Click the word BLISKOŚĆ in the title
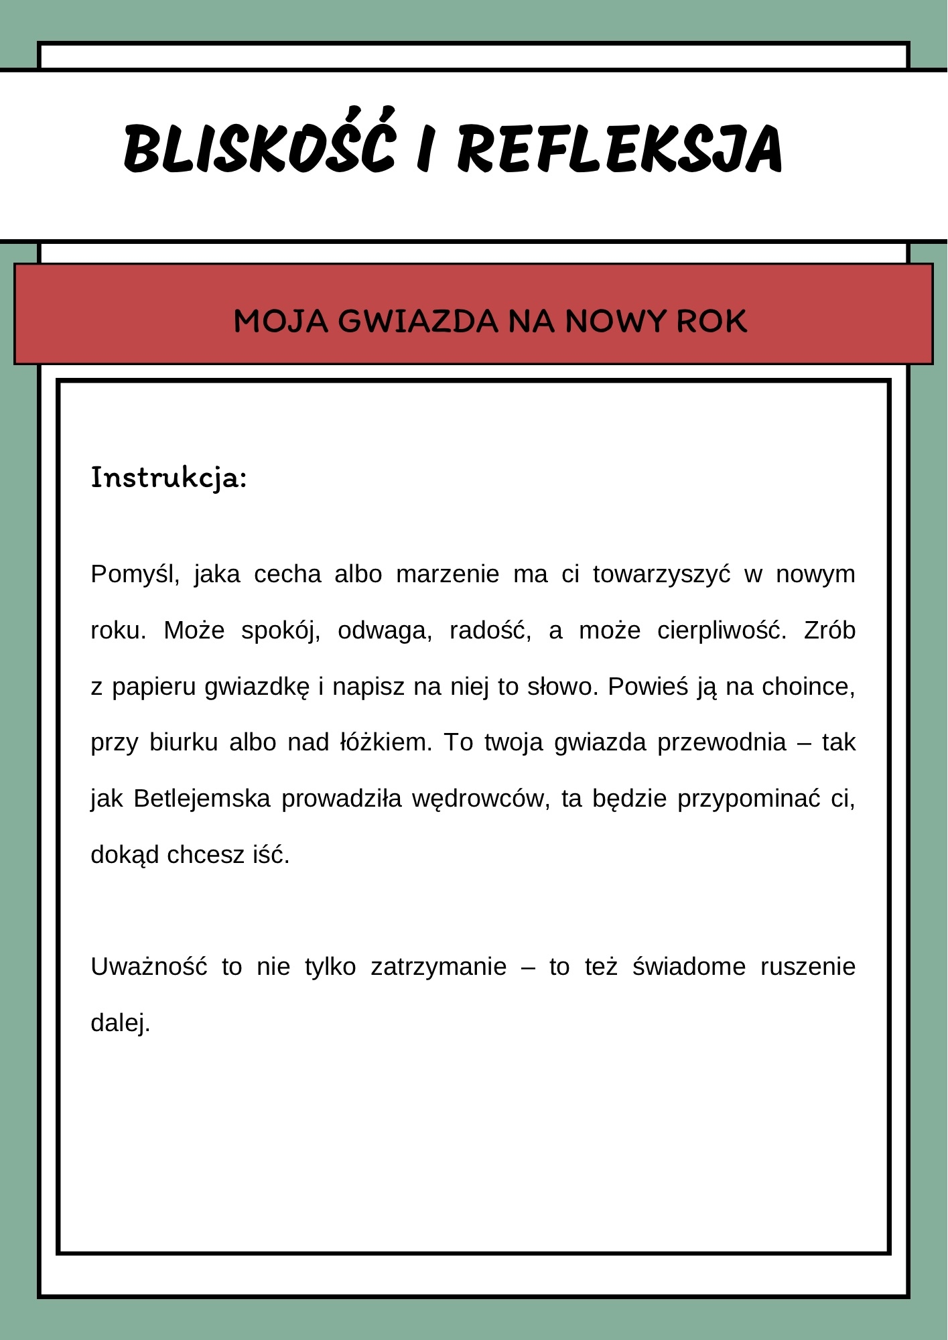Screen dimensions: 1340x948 click(x=259, y=147)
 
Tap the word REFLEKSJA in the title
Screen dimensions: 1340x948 click(x=620, y=149)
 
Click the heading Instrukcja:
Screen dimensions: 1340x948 click(x=169, y=478)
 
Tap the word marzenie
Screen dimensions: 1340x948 click(x=448, y=575)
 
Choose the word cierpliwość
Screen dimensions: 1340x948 click(x=722, y=631)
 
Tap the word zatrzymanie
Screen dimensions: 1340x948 click(x=439, y=967)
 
